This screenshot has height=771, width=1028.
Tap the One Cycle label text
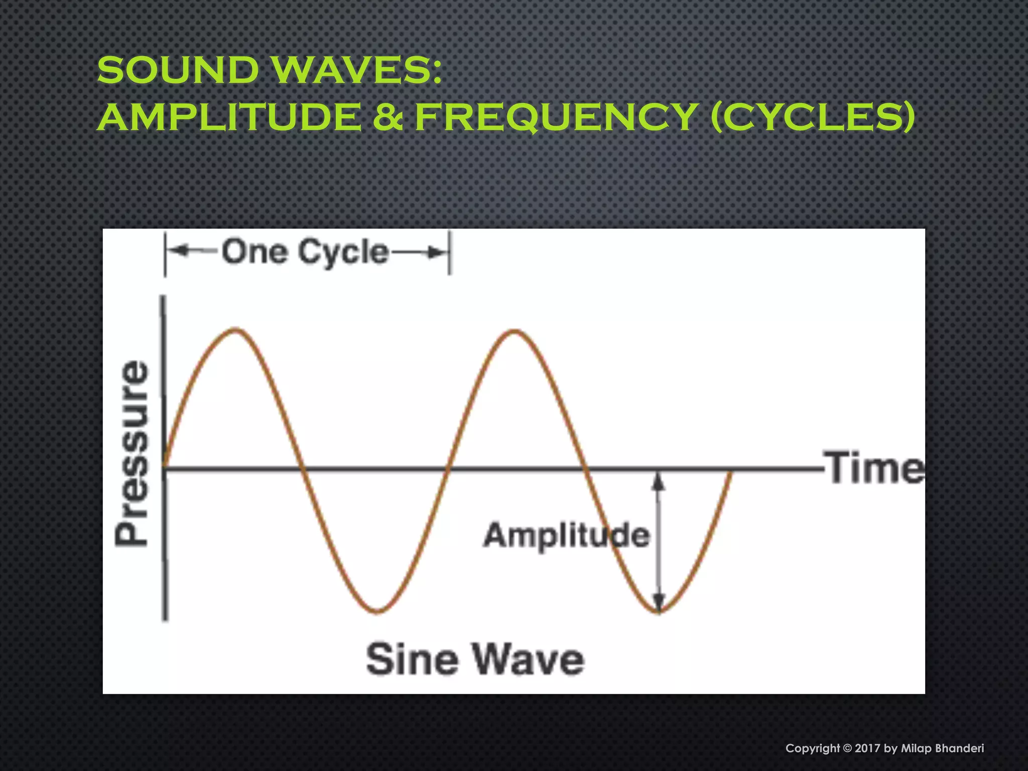coord(305,252)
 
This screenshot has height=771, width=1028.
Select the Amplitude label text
coord(566,535)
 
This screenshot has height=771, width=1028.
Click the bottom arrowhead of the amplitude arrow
coord(659,602)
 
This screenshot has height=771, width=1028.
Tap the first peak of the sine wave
coord(236,330)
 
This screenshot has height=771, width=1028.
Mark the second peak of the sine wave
coord(515,331)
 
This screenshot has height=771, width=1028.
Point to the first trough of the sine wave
coord(377,611)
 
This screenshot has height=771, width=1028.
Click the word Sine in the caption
coord(412,659)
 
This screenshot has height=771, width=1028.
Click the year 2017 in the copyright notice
coord(867,748)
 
